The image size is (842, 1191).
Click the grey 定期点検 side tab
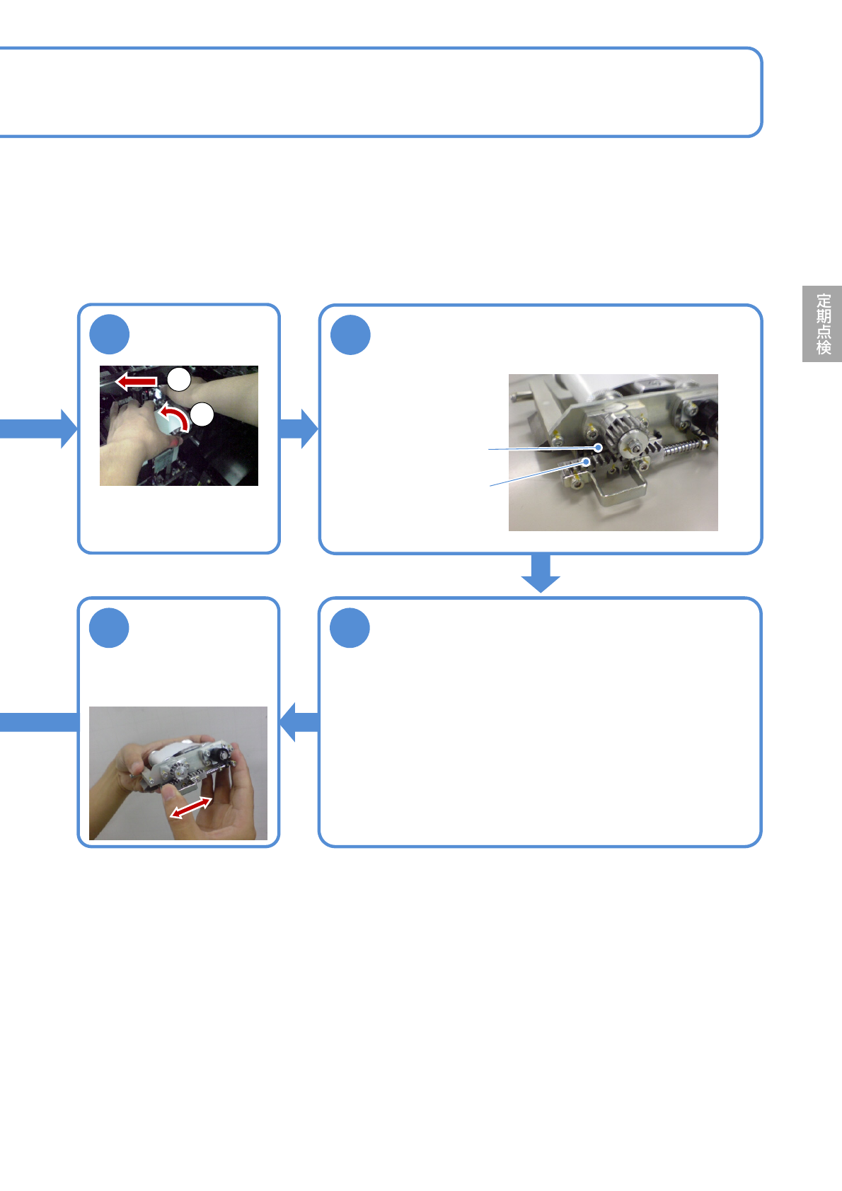tap(822, 324)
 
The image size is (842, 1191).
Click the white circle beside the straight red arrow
tap(180, 379)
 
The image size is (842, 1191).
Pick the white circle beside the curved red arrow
tap(202, 414)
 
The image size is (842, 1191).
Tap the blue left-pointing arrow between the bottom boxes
tap(299, 722)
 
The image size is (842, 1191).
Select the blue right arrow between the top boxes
tap(299, 429)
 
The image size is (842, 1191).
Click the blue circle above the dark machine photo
tap(110, 335)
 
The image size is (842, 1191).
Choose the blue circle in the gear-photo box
tap(351, 335)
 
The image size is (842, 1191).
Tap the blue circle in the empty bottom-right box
tap(350, 628)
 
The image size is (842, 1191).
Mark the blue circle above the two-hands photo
tap(110, 628)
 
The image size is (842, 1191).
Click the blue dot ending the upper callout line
tap(599, 447)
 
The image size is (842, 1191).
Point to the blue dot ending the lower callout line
tap(587, 461)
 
